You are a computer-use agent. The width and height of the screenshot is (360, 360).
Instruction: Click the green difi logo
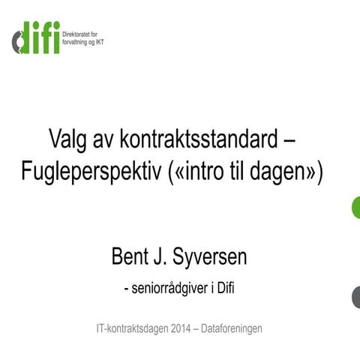point(35,37)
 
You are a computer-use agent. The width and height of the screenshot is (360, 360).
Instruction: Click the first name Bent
point(130,257)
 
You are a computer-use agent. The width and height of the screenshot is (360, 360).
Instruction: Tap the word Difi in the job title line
point(226,289)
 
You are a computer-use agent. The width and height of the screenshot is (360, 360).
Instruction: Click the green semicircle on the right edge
point(355,207)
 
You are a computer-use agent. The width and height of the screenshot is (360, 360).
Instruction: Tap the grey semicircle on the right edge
point(355,298)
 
